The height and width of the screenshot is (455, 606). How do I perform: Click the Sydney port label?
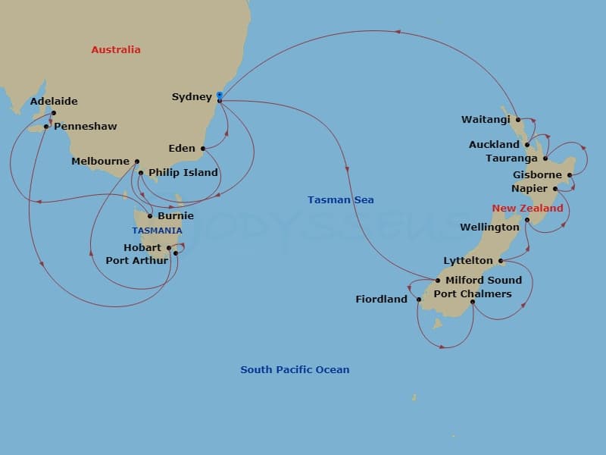point(192,96)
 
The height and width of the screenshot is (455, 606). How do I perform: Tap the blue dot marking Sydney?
point(219,95)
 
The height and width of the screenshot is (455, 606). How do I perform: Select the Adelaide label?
point(54,101)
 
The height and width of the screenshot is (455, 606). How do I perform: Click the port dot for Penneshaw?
point(46,126)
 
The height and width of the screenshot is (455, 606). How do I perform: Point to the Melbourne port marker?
point(137,161)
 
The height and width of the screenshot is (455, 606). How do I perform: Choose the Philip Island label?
point(183,172)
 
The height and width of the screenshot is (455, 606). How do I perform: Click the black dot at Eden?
point(203,149)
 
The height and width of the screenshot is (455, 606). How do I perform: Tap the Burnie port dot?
point(150,216)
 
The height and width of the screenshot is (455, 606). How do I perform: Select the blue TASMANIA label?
point(157,230)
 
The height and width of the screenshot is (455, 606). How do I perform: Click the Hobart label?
point(142,247)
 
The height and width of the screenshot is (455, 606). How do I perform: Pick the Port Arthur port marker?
point(176,253)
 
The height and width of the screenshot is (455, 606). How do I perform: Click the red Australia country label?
point(116,49)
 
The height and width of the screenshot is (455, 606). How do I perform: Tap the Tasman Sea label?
point(340,199)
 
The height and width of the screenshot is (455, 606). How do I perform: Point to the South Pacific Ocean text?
point(295,369)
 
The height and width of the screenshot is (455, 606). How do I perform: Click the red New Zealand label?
point(527,208)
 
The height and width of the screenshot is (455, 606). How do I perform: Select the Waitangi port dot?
point(518,119)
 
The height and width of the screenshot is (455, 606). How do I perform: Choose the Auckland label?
point(494,144)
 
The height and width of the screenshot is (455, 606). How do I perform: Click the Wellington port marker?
point(527,220)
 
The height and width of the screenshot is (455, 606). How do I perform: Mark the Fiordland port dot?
point(418,300)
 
